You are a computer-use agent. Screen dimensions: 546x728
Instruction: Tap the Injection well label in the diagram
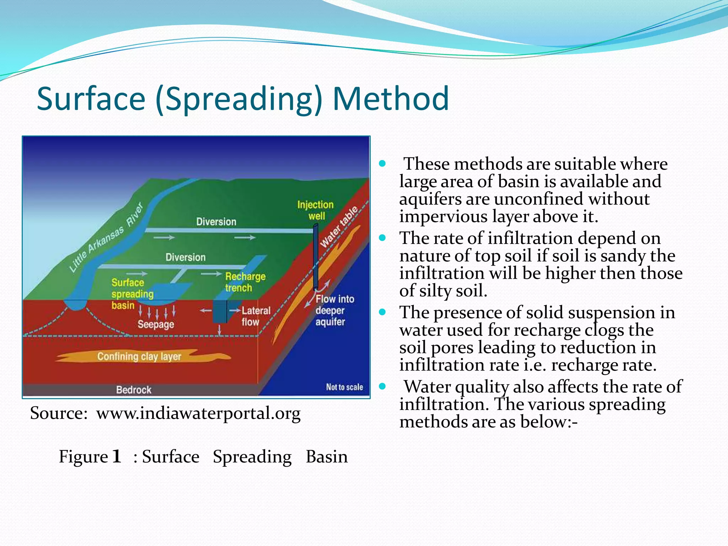pos(315,210)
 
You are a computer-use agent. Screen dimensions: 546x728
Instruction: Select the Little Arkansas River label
pos(106,237)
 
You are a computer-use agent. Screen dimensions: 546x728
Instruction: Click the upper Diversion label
pos(216,222)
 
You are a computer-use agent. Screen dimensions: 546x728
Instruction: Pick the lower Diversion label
pos(185,257)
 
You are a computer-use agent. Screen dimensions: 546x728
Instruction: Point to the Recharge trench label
pos(245,282)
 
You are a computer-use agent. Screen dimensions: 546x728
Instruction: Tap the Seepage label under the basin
pos(156,324)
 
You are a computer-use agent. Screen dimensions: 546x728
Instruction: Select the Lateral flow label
pos(256,316)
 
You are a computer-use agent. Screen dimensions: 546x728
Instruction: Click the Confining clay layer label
pos(139,356)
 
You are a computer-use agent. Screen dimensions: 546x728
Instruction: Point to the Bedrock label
pos(134,390)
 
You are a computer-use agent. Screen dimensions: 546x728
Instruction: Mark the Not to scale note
pos(344,387)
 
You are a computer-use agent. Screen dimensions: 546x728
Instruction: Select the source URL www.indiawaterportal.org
pos(198,413)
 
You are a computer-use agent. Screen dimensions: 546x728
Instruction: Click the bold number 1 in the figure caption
pos(117,456)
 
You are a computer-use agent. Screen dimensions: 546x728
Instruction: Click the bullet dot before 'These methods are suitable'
pos(382,164)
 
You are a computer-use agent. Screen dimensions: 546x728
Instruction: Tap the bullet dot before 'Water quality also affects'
pos(382,386)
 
